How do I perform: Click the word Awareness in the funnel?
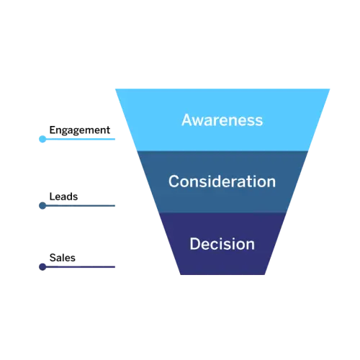pos(222,120)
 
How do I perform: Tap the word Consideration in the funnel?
pos(222,181)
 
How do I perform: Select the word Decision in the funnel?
pos(222,244)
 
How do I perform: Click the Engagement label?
pos(80,130)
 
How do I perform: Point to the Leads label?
pos(63,197)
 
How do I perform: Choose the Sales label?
pos(63,258)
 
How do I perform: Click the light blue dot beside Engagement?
pos(42,139)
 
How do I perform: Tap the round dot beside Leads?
pos(42,206)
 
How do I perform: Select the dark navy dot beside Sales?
pos(42,267)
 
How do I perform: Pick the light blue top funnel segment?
pos(222,120)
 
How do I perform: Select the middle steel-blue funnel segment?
pos(222,182)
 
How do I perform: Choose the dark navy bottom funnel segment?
pos(222,244)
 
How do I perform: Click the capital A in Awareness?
pos(186,120)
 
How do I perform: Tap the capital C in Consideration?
pos(174,181)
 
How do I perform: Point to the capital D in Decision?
pos(194,244)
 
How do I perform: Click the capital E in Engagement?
pos(52,130)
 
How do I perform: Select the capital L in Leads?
pos(52,197)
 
